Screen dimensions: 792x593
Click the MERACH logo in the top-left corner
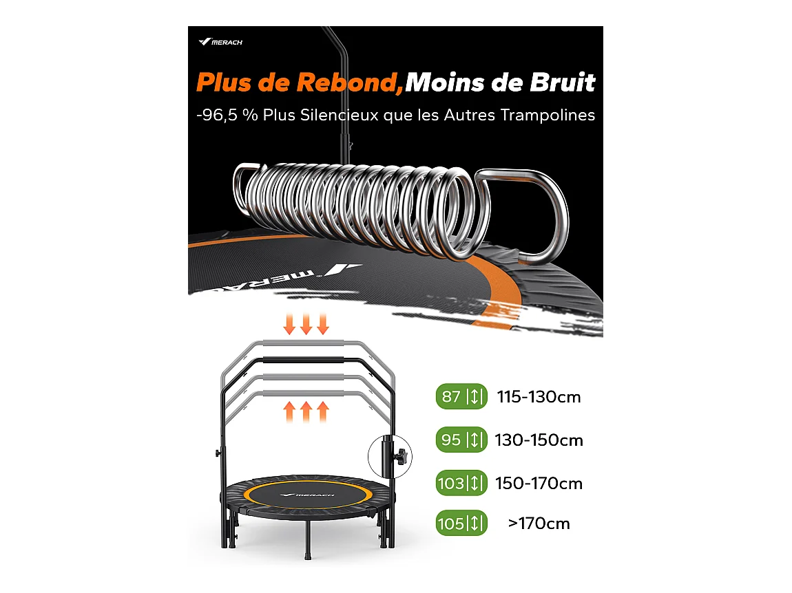click(x=220, y=42)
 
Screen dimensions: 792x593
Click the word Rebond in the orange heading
click(x=348, y=83)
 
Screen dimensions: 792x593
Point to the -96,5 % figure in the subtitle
click(x=222, y=115)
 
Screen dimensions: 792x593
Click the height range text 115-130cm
click(x=539, y=397)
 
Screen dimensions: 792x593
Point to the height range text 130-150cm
click(x=539, y=440)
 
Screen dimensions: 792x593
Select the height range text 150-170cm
click(x=539, y=483)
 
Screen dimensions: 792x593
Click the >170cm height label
click(x=539, y=524)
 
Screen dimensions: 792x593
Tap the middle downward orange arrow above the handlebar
click(x=306, y=324)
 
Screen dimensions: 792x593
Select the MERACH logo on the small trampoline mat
click(x=313, y=493)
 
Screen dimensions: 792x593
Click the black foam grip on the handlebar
click(x=307, y=360)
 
